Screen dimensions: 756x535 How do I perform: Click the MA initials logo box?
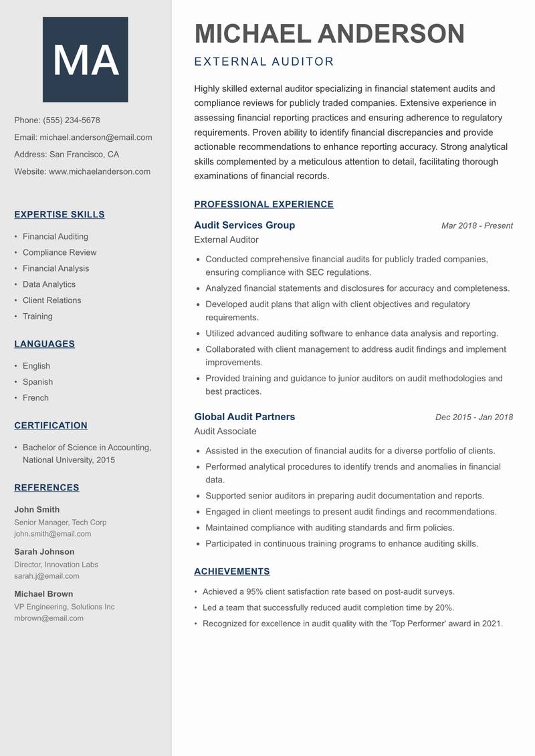click(86, 60)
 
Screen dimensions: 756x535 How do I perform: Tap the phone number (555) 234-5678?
click(72, 120)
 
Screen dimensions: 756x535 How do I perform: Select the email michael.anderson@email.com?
click(96, 137)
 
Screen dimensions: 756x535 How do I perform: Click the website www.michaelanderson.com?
click(100, 171)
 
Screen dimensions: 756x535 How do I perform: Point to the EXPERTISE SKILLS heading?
click(60, 215)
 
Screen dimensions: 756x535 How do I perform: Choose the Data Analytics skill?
click(49, 284)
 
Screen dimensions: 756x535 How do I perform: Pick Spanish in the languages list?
click(37, 382)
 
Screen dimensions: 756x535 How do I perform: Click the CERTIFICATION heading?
click(51, 426)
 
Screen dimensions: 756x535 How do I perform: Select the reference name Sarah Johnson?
click(44, 552)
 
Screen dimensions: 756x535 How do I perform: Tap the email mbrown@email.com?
click(49, 618)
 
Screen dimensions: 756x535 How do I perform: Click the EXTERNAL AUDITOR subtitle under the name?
click(263, 62)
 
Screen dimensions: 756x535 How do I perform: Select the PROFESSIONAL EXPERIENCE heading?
click(263, 205)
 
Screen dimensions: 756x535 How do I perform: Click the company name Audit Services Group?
click(244, 225)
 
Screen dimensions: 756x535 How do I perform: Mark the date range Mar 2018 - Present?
click(477, 226)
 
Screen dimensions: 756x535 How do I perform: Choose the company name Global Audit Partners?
click(244, 417)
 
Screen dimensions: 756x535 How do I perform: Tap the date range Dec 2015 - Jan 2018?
click(474, 417)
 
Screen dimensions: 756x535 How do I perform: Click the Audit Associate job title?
click(225, 432)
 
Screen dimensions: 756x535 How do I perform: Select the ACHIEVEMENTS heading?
click(232, 571)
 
